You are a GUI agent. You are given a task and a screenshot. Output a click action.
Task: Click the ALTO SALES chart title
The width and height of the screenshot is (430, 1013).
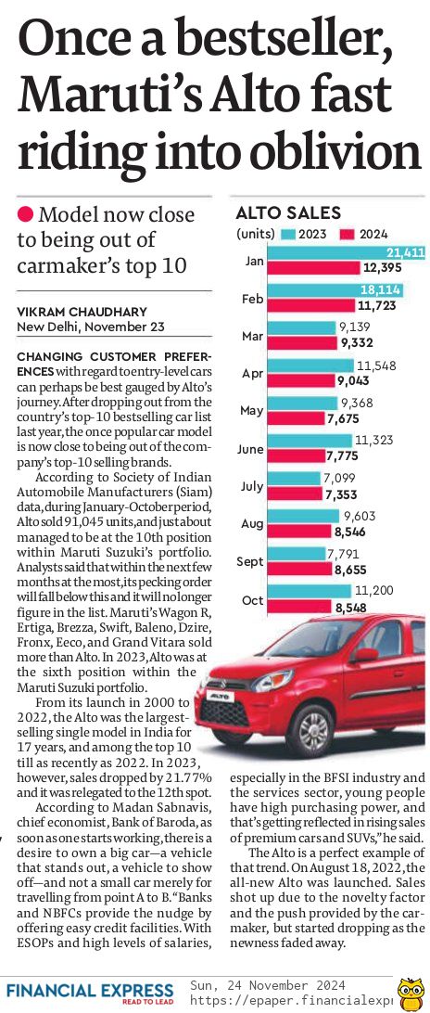[x=288, y=213]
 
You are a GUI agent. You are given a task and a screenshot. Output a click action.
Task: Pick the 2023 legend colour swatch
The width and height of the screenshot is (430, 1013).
[x=288, y=235]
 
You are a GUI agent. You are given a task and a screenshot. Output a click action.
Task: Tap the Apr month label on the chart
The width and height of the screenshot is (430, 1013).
[x=252, y=374]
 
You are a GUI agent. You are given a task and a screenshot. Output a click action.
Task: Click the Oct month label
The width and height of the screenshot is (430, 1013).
[x=252, y=600]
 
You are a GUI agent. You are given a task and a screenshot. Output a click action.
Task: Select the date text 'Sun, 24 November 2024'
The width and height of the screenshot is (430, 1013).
[x=268, y=984]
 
